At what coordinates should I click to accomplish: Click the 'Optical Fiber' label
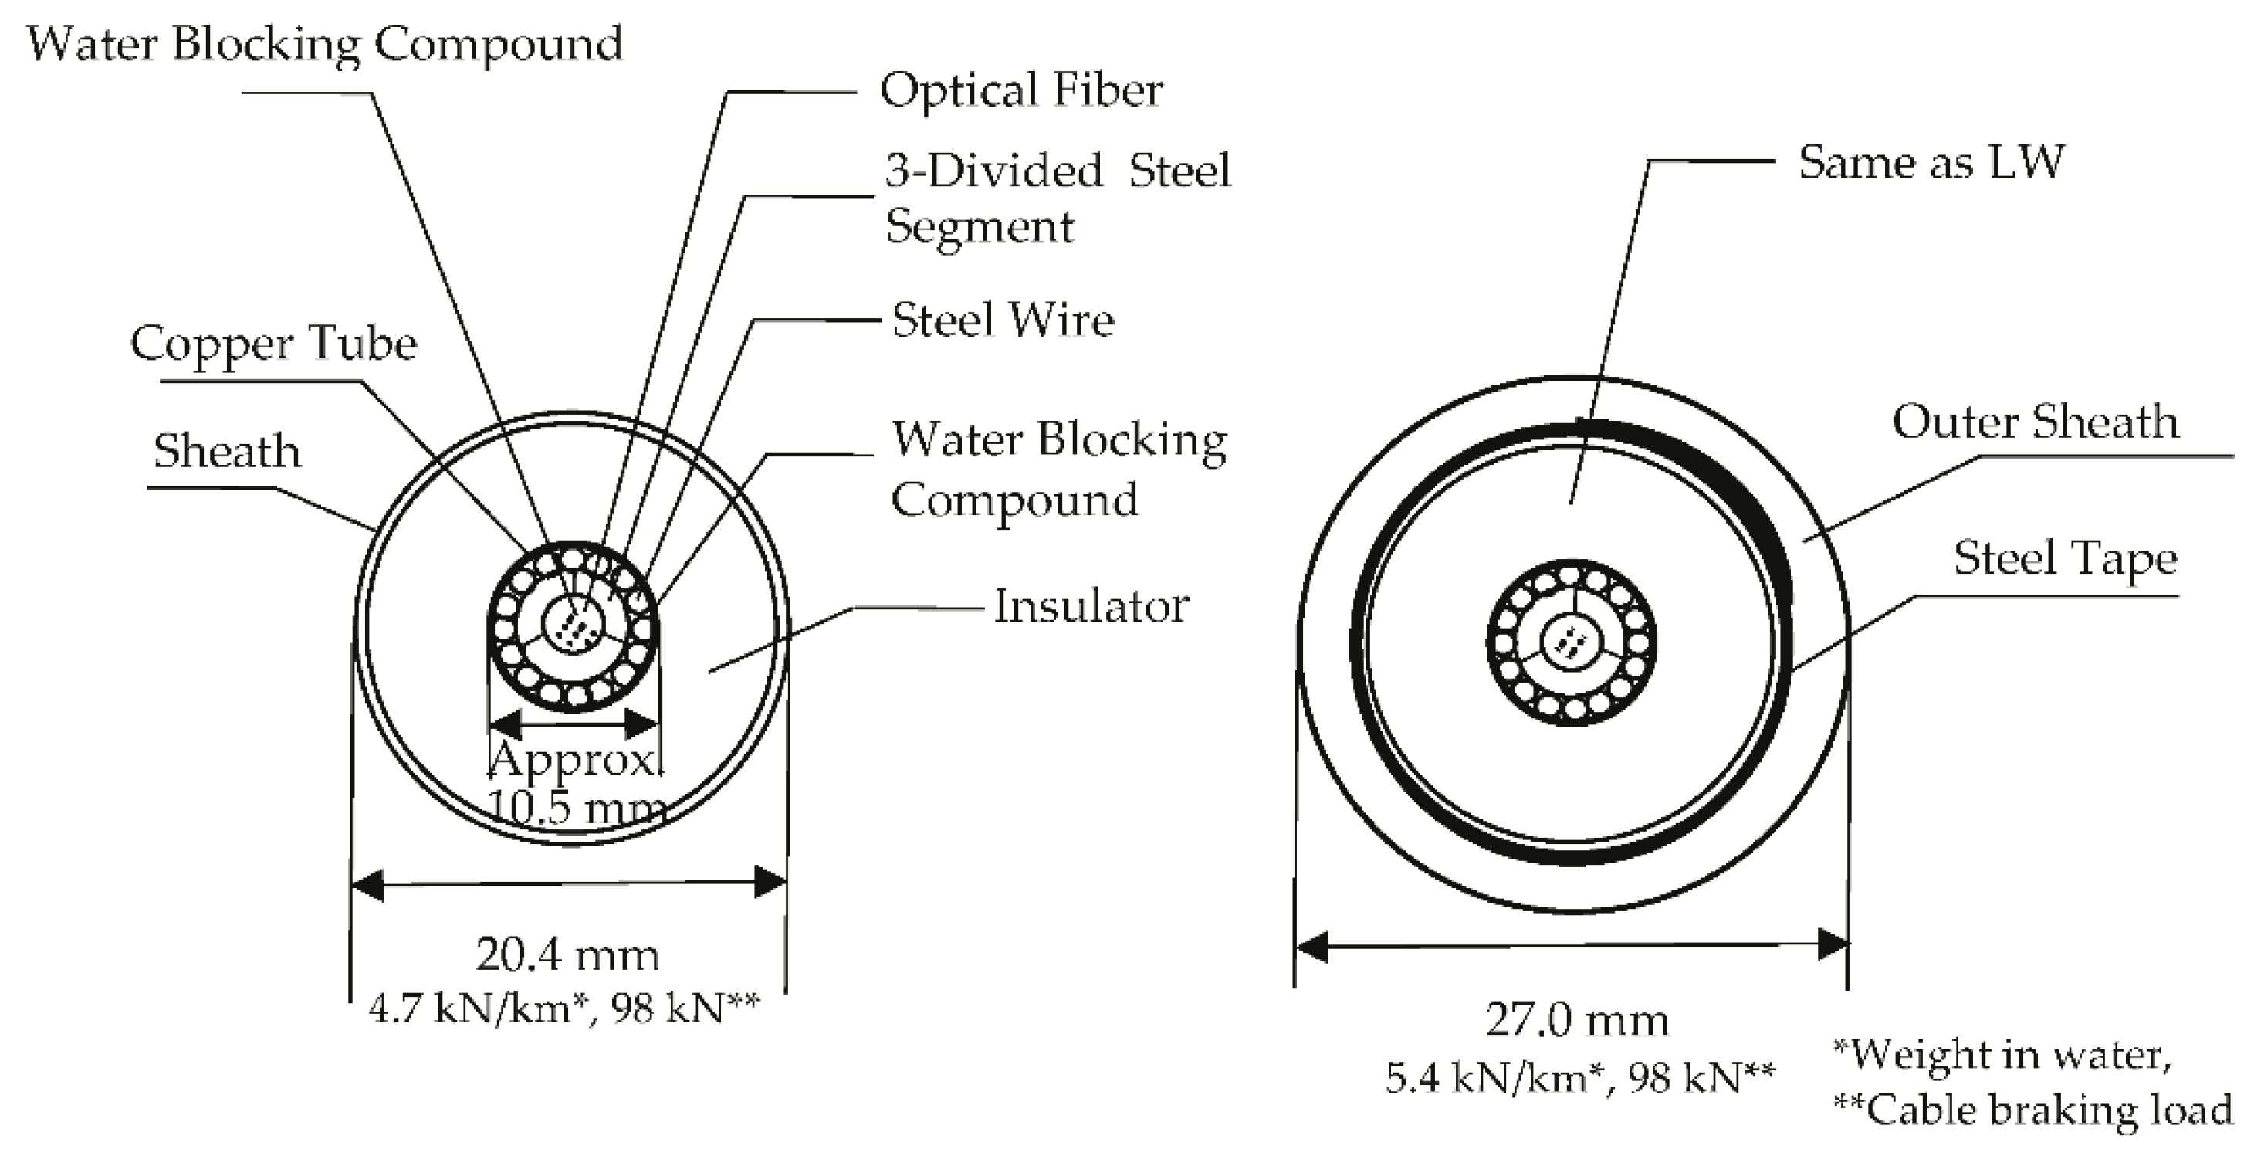pos(1021,90)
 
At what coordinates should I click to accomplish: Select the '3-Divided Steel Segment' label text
pos(1057,198)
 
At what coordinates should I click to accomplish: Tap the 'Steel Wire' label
pos(1003,320)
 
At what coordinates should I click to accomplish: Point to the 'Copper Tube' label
pos(274,344)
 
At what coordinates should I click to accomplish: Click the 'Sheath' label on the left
pos(227,452)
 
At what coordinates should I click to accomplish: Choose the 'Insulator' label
pos(1091,606)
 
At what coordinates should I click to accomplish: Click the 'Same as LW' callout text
pos(1931,163)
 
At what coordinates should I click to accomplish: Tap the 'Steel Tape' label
pos(2065,558)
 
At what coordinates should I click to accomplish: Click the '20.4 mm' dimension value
pos(567,954)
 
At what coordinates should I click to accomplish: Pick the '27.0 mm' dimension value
pos(1577,1020)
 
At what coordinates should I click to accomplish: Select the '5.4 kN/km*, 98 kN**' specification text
pos(1579,1078)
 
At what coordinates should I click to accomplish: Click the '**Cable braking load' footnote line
pos(2032,1110)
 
